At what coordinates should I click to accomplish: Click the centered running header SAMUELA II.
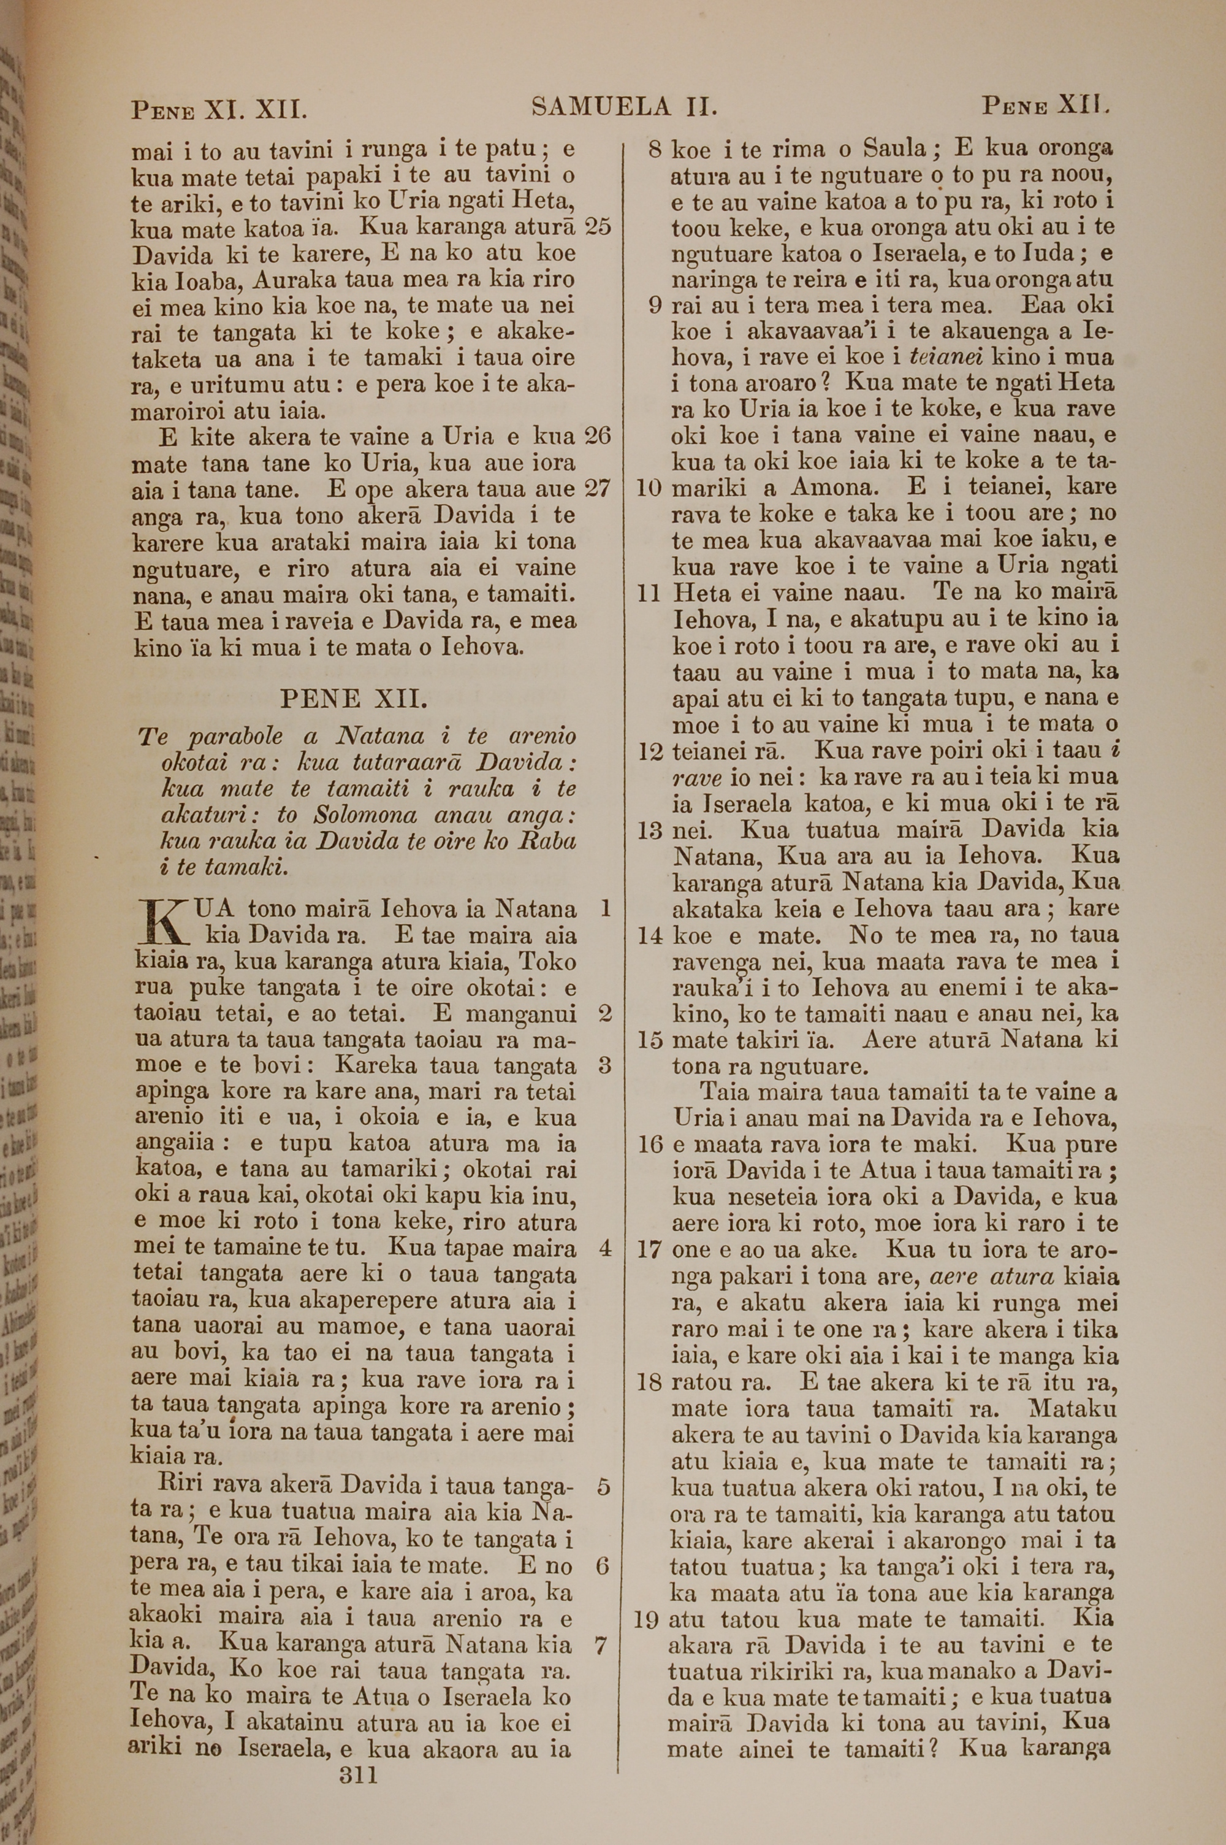(624, 106)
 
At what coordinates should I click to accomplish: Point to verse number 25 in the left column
(598, 227)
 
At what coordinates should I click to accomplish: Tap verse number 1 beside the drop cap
(604, 908)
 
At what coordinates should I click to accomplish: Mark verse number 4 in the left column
(604, 1248)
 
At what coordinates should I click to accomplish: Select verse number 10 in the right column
(650, 488)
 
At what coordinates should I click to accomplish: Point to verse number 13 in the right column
(650, 830)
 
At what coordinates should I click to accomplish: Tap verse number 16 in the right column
(650, 1145)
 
